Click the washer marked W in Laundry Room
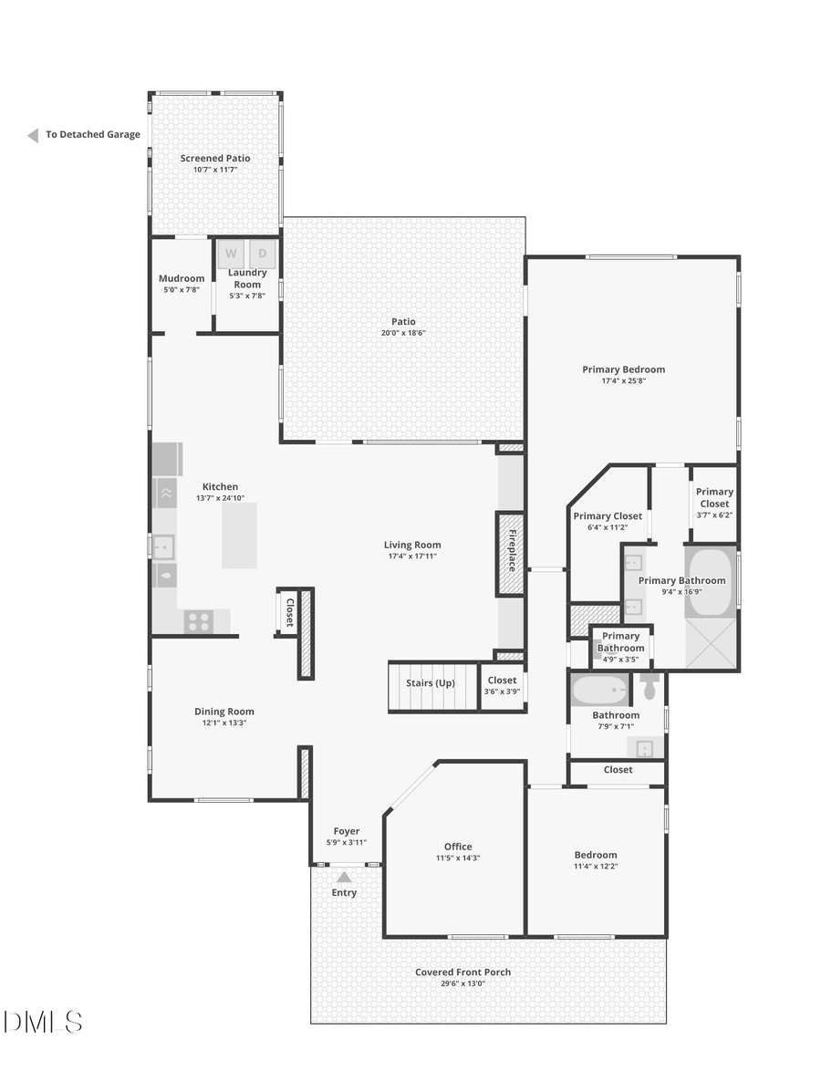(231, 253)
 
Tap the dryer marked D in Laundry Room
(263, 253)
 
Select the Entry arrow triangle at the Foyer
(344, 877)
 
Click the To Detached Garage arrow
(33, 135)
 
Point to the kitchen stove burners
(198, 621)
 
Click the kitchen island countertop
(239, 535)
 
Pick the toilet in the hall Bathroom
(650, 686)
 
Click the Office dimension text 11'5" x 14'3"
(458, 858)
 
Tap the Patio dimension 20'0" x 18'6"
(404, 333)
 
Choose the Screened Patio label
(215, 159)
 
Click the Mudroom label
(182, 279)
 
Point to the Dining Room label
(224, 712)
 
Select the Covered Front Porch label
(462, 972)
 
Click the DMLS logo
(43, 1022)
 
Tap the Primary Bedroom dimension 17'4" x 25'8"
(624, 381)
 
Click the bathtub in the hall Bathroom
(599, 691)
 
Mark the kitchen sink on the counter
(163, 546)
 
